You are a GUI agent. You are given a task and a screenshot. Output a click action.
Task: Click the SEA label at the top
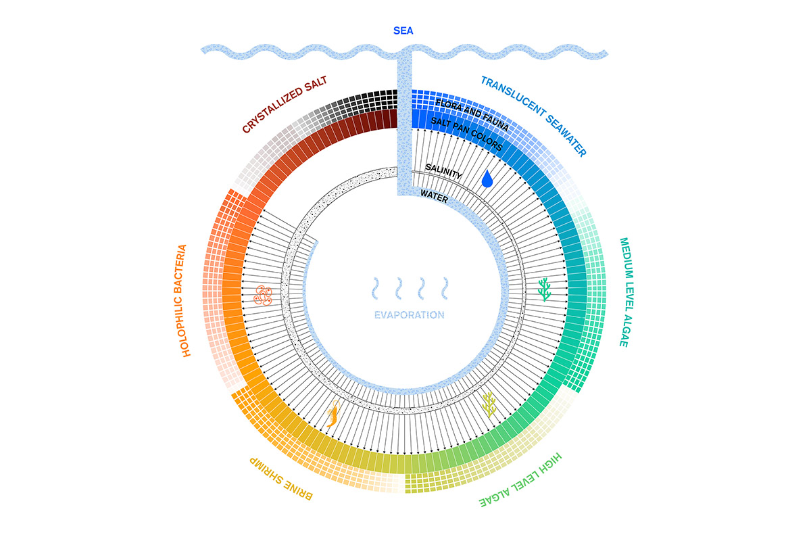403,31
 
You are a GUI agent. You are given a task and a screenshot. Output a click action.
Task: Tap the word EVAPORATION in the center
409,315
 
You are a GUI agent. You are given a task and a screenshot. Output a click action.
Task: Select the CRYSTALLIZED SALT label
285,104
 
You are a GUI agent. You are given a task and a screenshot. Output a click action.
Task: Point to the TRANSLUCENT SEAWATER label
533,116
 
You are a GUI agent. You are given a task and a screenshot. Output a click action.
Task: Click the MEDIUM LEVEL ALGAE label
626,292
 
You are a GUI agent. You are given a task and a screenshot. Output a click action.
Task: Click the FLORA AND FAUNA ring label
472,114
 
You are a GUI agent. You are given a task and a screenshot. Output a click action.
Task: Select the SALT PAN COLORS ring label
467,134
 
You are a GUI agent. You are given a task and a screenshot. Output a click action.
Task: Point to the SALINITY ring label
443,171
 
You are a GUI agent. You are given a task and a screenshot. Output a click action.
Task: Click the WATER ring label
434,197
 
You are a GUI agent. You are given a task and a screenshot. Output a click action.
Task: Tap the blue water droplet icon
487,179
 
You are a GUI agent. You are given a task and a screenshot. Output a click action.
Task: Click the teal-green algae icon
544,289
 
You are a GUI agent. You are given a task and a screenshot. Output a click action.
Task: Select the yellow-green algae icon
489,404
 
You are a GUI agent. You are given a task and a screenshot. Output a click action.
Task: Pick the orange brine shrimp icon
333,414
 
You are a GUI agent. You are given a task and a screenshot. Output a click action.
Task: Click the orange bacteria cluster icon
263,296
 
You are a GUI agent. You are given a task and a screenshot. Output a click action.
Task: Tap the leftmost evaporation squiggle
376,289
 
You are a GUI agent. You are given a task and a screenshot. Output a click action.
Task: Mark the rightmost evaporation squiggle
445,289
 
